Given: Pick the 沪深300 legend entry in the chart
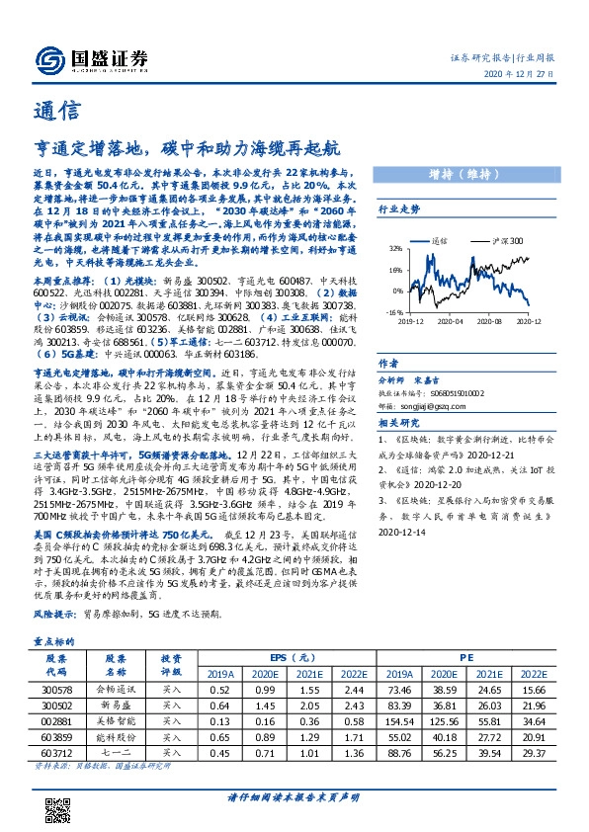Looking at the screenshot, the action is click(x=507, y=241).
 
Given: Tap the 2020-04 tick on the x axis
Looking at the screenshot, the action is click(x=450, y=320).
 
